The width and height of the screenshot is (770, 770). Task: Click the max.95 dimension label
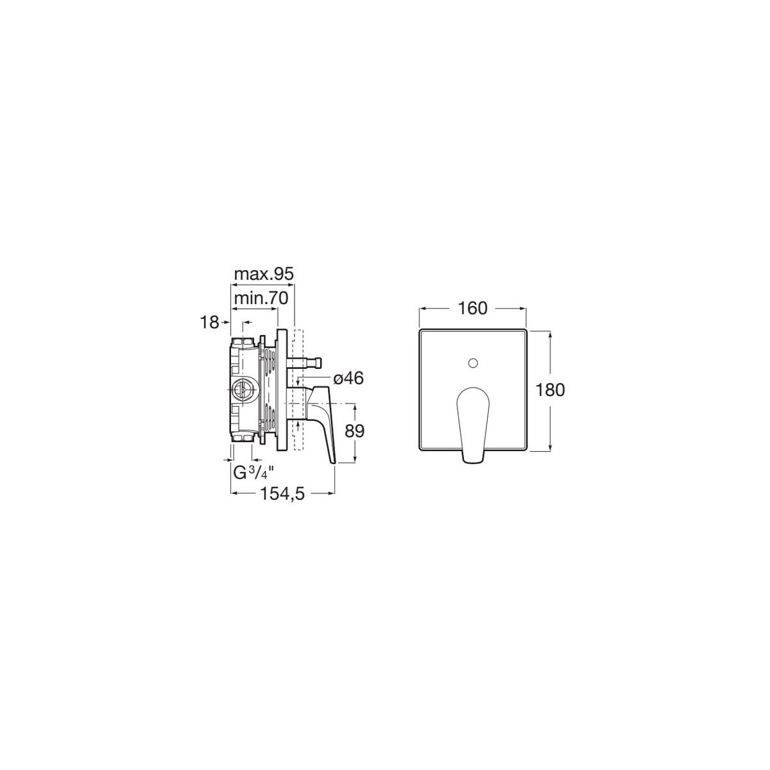tap(264, 274)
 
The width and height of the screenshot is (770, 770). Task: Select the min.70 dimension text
tap(261, 298)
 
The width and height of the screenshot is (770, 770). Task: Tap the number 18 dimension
tap(209, 321)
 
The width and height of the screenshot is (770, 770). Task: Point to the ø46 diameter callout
tap(348, 378)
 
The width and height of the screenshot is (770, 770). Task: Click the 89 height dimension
tap(354, 431)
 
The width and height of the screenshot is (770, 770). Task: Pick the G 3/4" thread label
tap(253, 474)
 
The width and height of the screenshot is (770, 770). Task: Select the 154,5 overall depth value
tap(282, 494)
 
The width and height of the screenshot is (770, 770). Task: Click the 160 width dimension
tap(472, 308)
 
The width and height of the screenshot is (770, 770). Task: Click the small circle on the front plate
tap(473, 363)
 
